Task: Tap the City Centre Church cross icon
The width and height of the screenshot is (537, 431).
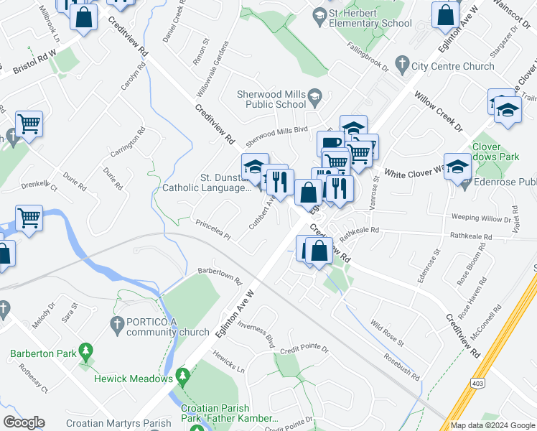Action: click(x=403, y=66)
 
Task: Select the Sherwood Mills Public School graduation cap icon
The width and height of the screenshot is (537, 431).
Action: click(x=314, y=96)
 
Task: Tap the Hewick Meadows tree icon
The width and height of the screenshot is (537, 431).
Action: click(x=183, y=376)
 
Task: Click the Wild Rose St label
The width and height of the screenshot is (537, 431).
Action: click(x=388, y=332)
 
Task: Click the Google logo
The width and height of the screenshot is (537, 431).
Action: click(x=24, y=422)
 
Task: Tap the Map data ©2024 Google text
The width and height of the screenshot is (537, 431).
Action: click(x=492, y=425)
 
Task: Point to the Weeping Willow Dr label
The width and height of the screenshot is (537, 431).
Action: click(x=480, y=217)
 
